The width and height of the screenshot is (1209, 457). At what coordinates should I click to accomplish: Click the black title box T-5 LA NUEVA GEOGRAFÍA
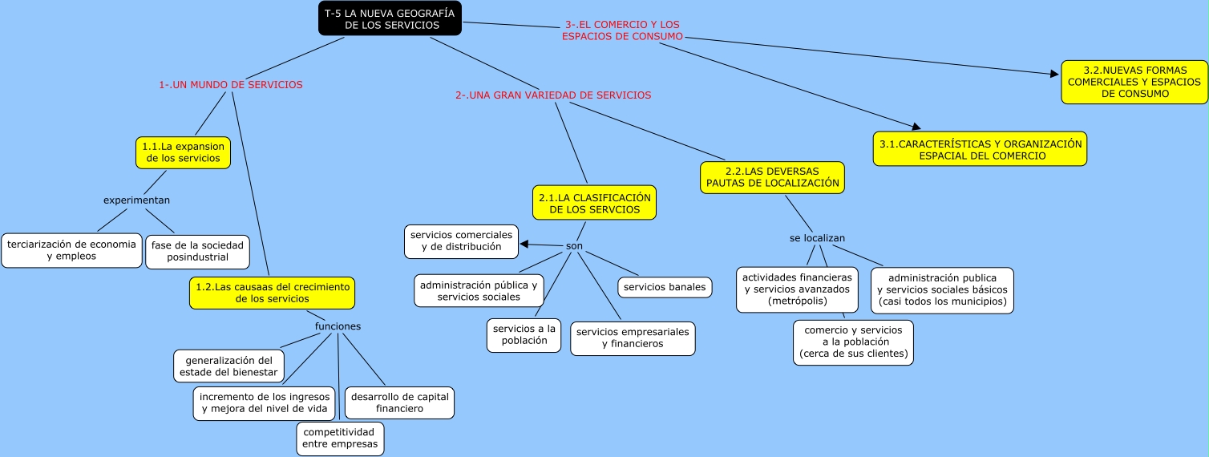(390, 19)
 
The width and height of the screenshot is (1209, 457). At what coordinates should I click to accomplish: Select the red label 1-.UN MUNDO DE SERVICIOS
(231, 84)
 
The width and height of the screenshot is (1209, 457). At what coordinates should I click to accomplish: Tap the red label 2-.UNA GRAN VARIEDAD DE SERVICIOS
(553, 95)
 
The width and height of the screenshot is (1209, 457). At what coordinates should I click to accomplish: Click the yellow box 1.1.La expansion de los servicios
(184, 152)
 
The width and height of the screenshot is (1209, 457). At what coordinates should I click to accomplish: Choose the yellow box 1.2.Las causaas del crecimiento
(272, 293)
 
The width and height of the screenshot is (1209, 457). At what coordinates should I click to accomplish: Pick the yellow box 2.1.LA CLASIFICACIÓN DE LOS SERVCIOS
(594, 203)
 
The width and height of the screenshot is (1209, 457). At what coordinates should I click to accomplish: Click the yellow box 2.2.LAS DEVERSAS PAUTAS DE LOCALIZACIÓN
(772, 177)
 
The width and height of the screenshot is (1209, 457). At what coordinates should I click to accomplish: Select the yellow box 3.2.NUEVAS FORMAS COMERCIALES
(1134, 82)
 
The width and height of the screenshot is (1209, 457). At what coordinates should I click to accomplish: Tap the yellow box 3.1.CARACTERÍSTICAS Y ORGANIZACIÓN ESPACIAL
(980, 149)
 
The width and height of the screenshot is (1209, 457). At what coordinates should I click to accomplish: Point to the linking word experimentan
(136, 200)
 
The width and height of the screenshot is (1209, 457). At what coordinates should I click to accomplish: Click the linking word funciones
(338, 326)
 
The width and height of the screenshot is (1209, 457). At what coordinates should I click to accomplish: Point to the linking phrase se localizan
(817, 238)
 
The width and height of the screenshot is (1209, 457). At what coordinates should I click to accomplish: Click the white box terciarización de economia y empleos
(71, 250)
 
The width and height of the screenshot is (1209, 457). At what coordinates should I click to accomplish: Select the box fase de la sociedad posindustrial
(197, 251)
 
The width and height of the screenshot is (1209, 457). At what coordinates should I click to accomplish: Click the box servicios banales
(665, 286)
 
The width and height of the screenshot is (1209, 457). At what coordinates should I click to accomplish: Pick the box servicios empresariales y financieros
(633, 338)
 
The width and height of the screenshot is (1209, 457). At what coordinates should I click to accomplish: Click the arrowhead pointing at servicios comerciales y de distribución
(524, 244)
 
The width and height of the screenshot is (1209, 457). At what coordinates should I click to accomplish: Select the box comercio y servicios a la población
(853, 342)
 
